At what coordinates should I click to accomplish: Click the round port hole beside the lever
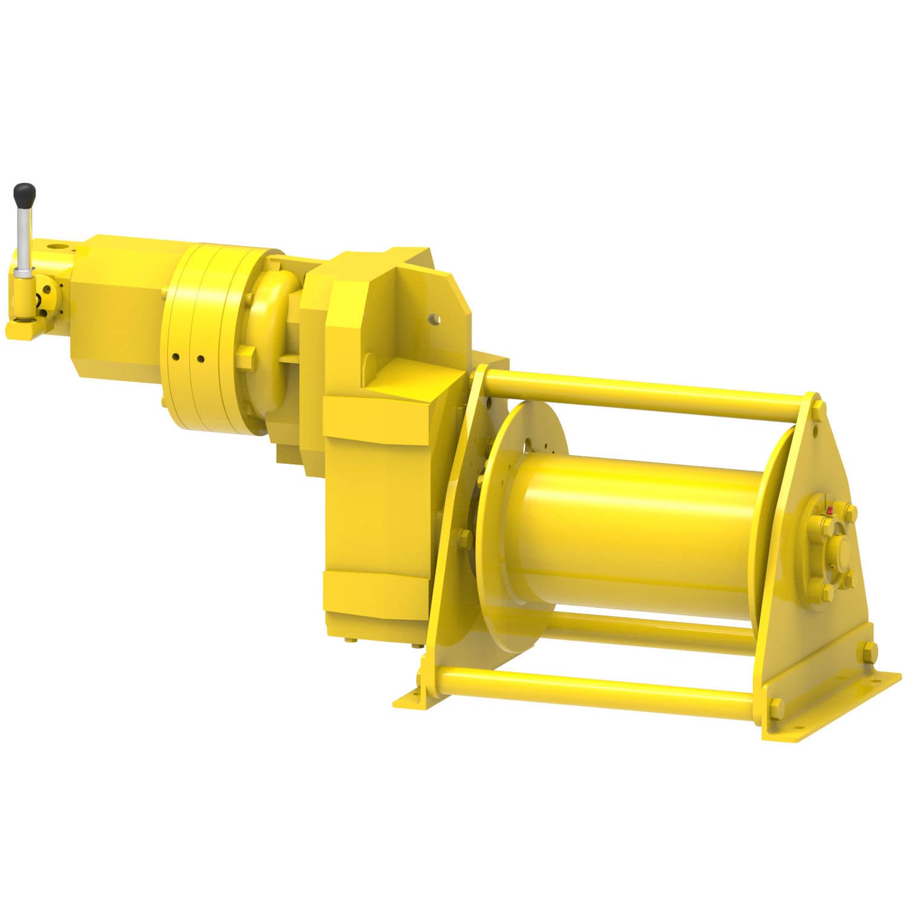tap(59, 247)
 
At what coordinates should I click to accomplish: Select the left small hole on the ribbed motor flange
tap(175, 356)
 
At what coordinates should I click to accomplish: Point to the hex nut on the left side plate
tap(465, 536)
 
